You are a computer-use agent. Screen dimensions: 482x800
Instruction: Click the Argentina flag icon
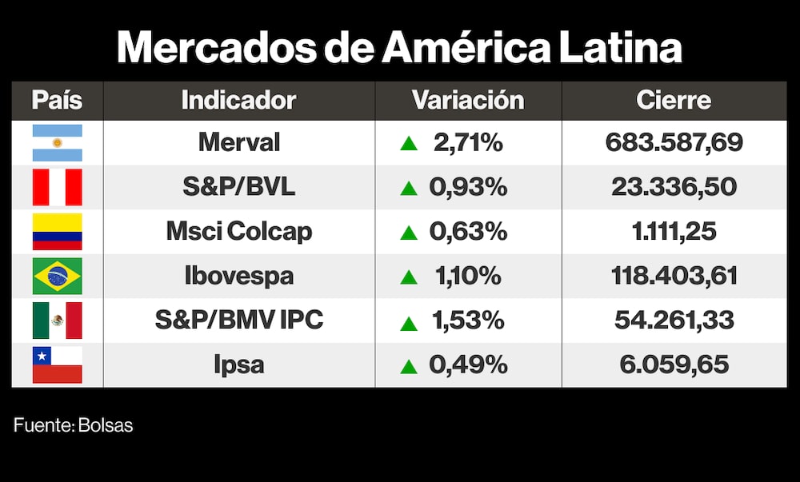[x=57, y=143]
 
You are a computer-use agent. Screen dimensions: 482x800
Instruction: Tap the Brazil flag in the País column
[x=57, y=277]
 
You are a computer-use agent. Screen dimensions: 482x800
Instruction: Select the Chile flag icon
[x=57, y=364]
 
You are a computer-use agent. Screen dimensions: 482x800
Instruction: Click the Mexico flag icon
[x=57, y=321]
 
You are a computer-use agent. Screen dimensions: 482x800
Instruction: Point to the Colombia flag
[x=57, y=232]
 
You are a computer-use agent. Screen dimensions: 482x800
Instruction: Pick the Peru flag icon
[x=57, y=188]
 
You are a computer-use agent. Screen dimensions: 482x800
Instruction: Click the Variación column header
[x=467, y=101]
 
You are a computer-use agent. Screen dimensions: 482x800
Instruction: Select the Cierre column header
[x=674, y=101]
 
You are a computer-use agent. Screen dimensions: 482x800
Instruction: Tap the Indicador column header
[x=238, y=101]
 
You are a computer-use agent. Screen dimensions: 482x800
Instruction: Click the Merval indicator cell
[x=238, y=143]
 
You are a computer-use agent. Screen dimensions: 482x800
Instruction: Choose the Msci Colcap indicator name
[x=238, y=232]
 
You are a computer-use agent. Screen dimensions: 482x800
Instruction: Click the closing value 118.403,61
[x=674, y=277]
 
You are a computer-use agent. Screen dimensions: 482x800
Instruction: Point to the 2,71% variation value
[x=467, y=143]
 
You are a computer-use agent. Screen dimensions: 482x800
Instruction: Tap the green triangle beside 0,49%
[x=409, y=366]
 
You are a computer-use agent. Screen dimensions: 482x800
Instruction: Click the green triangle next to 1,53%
[x=409, y=322]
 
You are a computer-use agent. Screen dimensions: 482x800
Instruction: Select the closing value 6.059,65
[x=674, y=364]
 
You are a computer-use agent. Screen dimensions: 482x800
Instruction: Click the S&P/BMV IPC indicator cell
[x=238, y=321]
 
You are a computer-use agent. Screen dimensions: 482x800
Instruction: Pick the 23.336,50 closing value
[x=674, y=188]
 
